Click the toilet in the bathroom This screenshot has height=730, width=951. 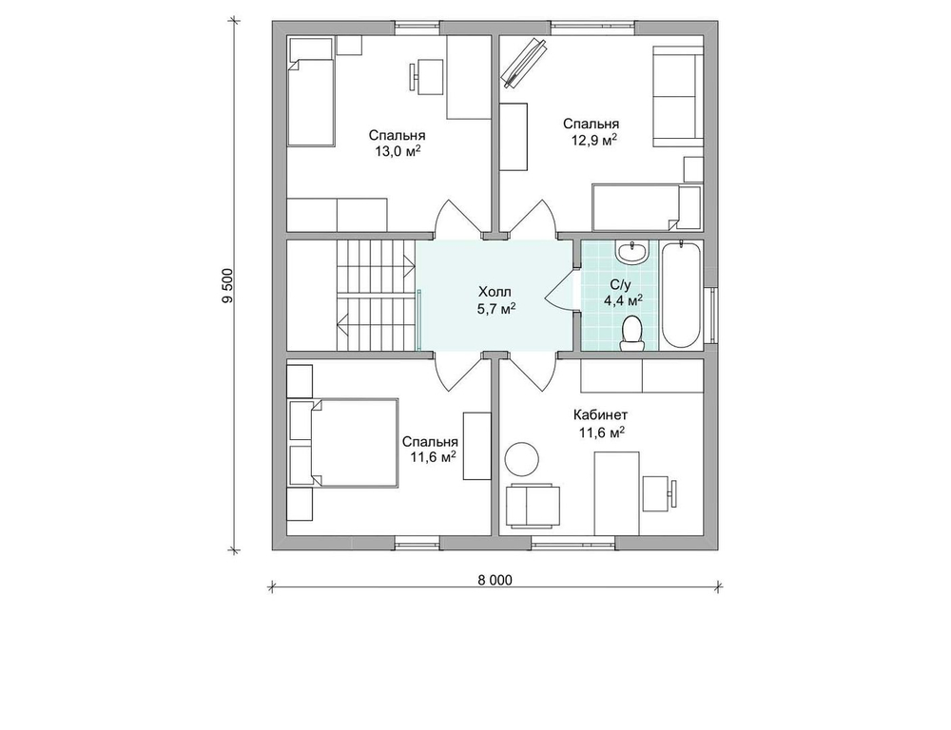[x=632, y=334]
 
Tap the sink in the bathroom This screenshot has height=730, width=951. [x=632, y=251]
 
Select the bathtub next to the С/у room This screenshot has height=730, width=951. [x=681, y=295]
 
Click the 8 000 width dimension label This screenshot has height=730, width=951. [x=495, y=580]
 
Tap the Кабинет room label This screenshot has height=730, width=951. [x=600, y=415]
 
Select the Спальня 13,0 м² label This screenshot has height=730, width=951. [x=398, y=144]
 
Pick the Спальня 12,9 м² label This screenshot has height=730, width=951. [x=591, y=131]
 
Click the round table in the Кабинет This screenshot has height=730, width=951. [x=522, y=458]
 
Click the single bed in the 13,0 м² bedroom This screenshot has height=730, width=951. [x=311, y=92]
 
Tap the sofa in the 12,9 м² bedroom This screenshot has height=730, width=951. [x=677, y=97]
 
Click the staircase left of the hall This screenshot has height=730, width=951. [x=376, y=296]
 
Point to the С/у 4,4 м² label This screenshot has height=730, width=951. [x=623, y=292]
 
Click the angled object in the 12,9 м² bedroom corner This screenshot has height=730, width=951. [x=524, y=63]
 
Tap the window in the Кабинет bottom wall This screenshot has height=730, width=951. [x=573, y=542]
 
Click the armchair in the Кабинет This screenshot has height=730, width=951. [x=531, y=505]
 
